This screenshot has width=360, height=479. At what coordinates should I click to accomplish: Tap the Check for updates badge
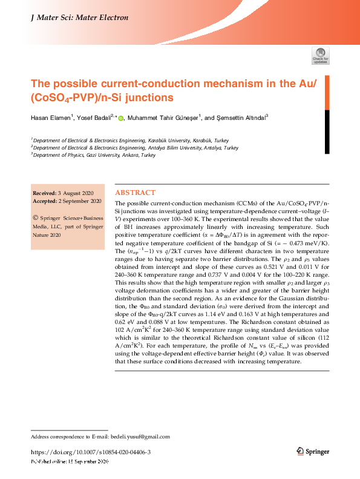[x=320, y=56]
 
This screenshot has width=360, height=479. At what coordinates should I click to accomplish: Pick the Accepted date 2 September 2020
[x=84, y=201]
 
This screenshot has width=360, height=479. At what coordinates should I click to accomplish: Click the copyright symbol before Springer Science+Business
[x=36, y=216]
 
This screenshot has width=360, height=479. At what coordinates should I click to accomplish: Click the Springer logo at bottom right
[x=313, y=452]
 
